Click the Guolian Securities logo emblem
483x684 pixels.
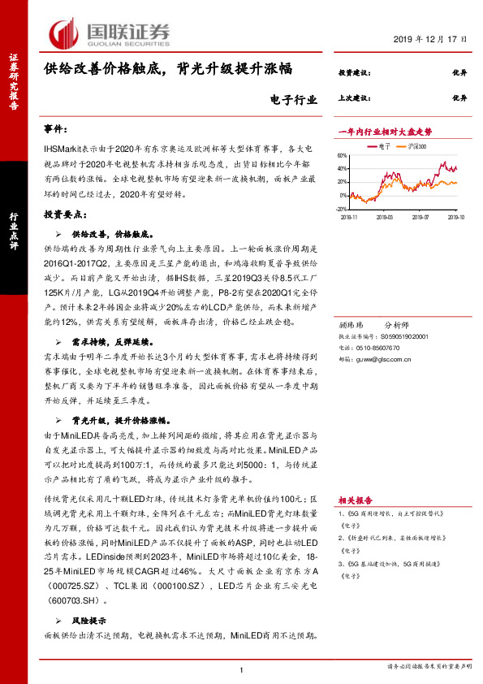coord(64,32)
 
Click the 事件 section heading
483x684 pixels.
coord(57,130)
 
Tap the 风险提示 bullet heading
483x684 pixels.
coord(90,620)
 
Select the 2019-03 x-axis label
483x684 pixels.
coord(387,217)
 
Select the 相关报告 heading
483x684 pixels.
coord(354,501)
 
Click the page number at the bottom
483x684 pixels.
coord(242,669)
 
